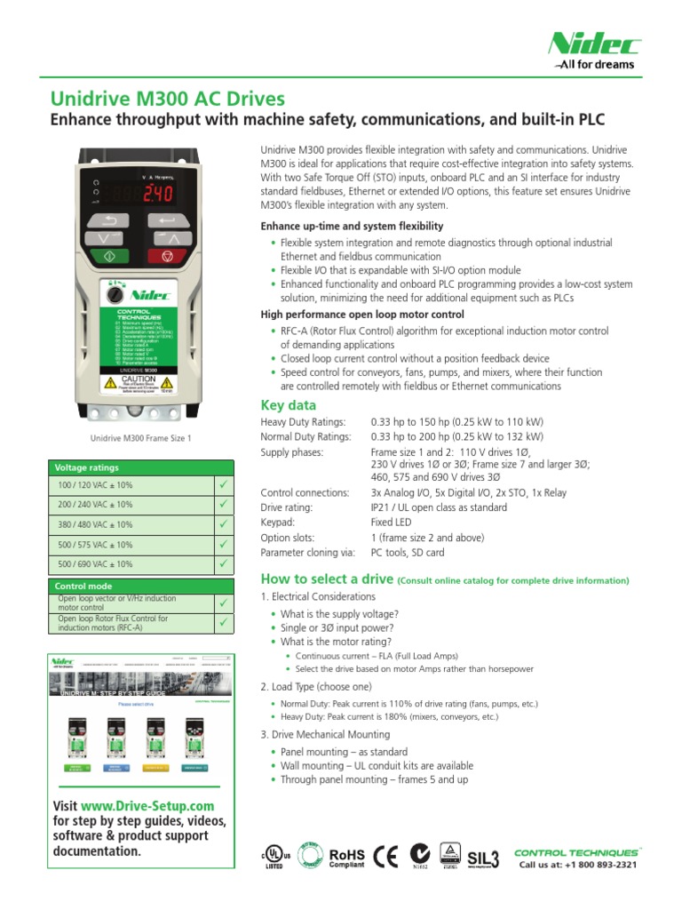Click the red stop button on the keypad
click(167, 256)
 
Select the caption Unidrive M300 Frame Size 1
click(140, 438)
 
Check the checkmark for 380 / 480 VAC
click(223, 525)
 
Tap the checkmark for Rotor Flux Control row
click(223, 622)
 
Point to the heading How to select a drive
click(326, 579)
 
